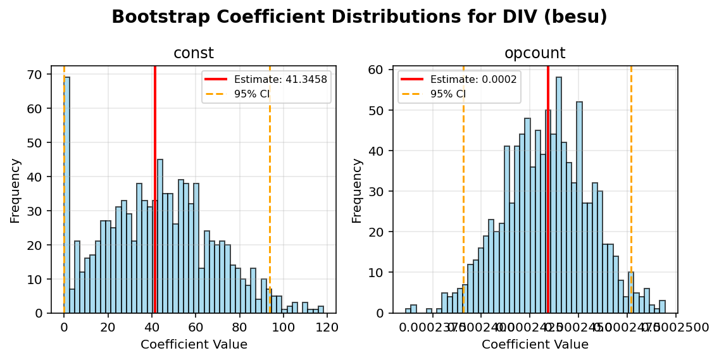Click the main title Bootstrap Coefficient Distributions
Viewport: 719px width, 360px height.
coord(359,17)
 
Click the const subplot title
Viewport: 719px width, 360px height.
coord(193,54)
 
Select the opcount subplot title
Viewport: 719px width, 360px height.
coord(535,54)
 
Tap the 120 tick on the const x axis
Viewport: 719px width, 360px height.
coord(327,327)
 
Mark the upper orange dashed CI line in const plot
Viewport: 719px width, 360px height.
coord(270,190)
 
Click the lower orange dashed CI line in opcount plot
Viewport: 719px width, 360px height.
coord(463,190)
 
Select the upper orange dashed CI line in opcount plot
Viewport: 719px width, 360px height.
coord(631,190)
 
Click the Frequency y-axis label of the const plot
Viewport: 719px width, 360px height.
coord(15,190)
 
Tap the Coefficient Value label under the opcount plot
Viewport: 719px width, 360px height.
coord(535,345)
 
